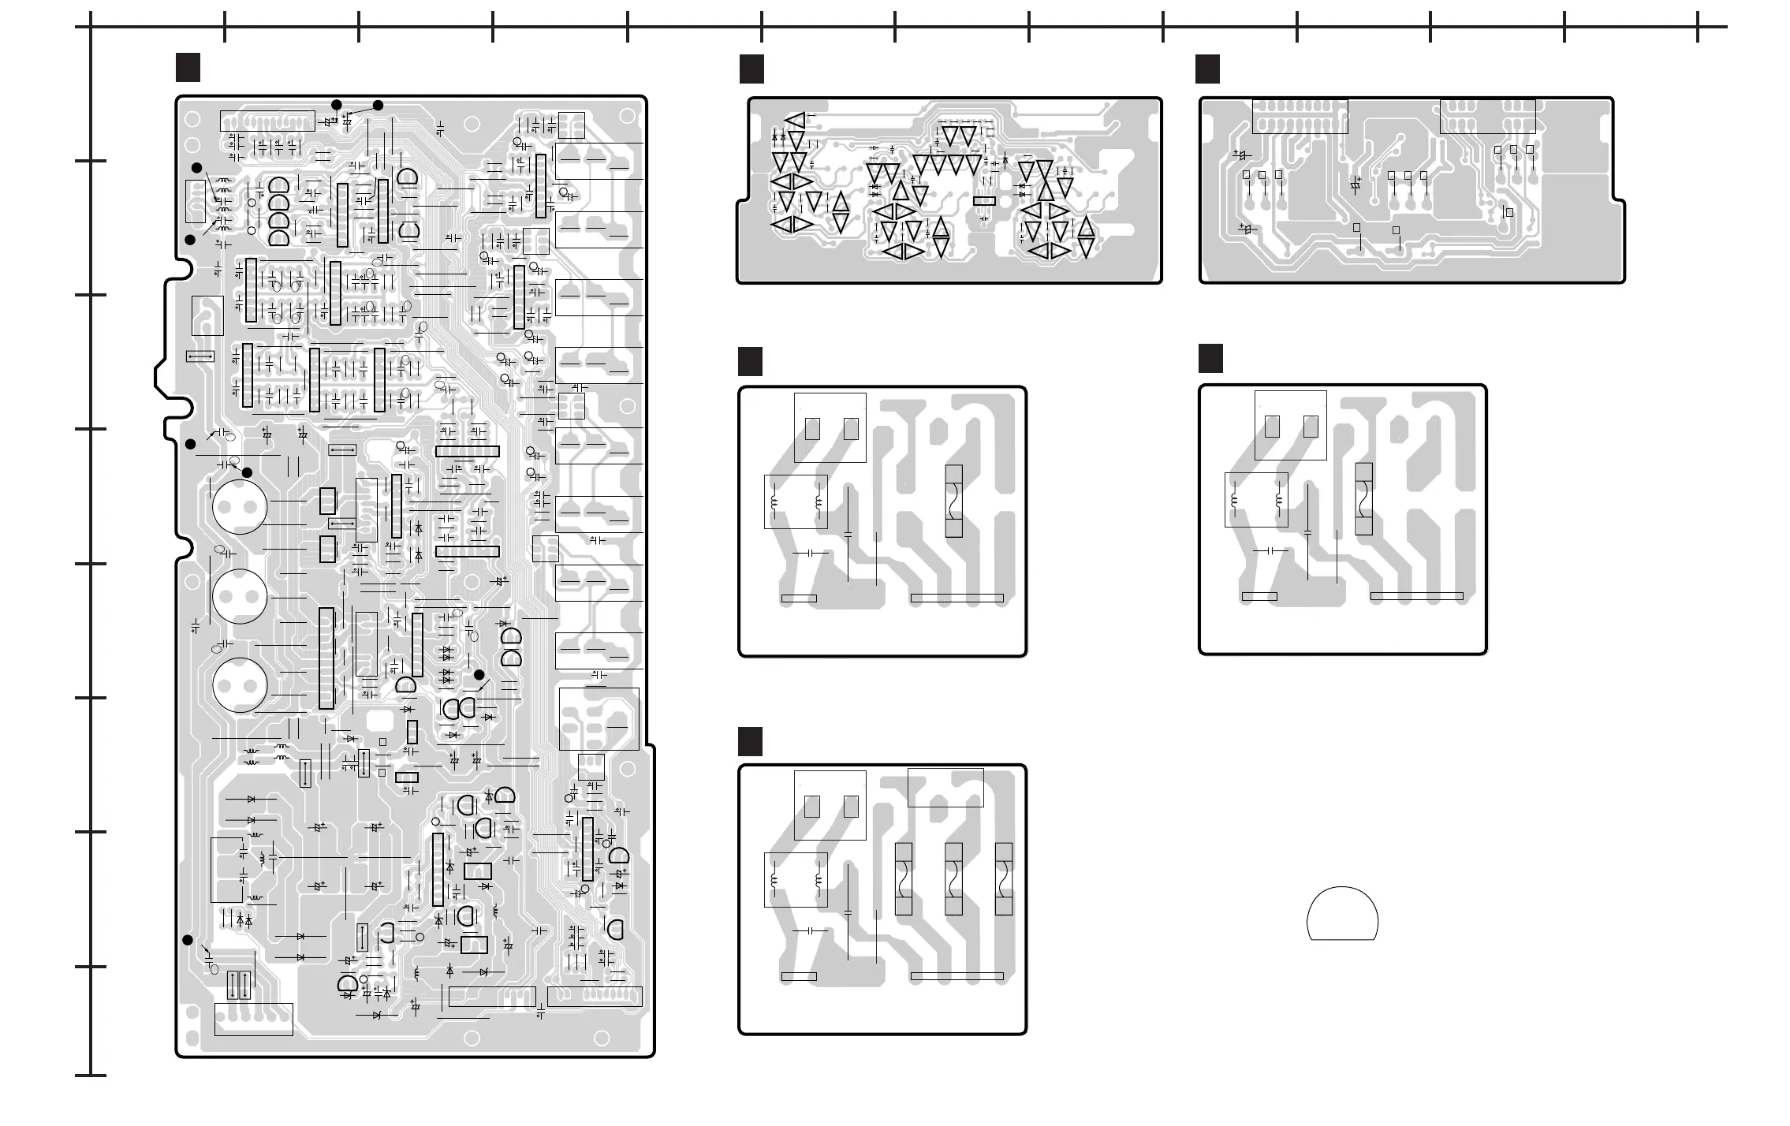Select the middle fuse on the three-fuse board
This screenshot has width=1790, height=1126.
click(x=953, y=878)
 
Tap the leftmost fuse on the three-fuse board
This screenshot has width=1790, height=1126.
click(x=904, y=878)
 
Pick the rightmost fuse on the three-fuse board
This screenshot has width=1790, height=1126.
click(x=1003, y=878)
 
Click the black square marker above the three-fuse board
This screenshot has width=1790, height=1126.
click(x=750, y=742)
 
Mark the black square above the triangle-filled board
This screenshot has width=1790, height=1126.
click(x=751, y=69)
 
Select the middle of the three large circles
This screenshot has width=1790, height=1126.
click(x=240, y=597)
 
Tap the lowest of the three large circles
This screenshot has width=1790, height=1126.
click(x=240, y=685)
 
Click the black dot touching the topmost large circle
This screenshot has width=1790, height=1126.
click(x=247, y=472)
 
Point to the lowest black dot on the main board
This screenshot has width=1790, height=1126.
click(x=188, y=940)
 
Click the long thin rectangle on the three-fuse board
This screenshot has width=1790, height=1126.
click(x=957, y=976)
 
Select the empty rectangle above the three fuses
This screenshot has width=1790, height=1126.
click(x=945, y=787)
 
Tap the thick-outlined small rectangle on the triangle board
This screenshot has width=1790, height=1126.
click(x=984, y=201)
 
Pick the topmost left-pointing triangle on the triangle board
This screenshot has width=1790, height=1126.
click(x=795, y=121)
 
